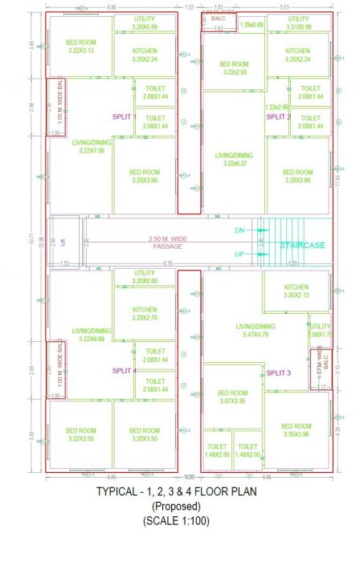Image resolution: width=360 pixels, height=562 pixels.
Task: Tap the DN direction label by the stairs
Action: tap(239, 230)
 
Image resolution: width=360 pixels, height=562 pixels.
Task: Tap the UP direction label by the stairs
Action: tap(239, 254)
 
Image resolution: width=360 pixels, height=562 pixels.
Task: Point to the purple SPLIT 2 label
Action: tap(278, 116)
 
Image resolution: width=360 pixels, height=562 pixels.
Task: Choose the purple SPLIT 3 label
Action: tap(278, 373)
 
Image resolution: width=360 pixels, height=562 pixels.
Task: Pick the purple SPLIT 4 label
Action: tap(124, 370)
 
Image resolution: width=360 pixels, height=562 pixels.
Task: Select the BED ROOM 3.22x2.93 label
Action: tap(234, 67)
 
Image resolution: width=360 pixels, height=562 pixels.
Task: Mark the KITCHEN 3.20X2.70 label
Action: tap(145, 313)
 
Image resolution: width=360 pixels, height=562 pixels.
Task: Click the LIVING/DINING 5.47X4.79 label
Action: tap(255, 330)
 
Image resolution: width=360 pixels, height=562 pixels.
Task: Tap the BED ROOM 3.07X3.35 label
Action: tap(234, 397)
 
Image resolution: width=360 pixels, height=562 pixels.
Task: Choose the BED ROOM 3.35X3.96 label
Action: tap(297, 430)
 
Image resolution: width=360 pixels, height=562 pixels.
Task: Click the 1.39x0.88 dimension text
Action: tap(252, 25)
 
